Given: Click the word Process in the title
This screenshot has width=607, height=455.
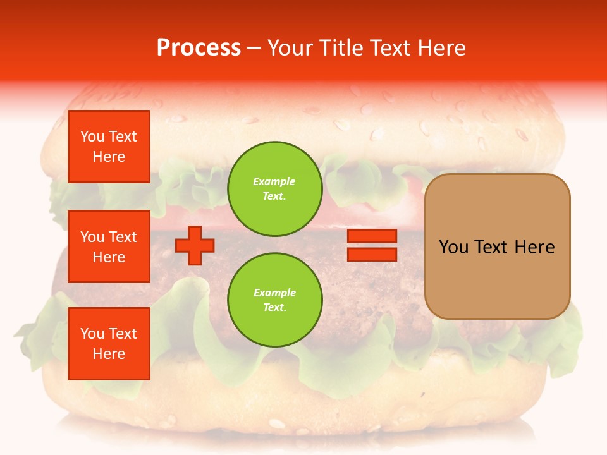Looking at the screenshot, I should (x=199, y=48).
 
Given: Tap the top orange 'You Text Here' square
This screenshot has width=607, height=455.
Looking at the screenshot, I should (x=109, y=147).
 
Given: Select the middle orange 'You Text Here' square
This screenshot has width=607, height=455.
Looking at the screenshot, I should (x=109, y=246).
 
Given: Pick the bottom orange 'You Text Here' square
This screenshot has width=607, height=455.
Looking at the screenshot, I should (x=109, y=344).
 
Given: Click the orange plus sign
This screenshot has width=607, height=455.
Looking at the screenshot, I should (x=195, y=245).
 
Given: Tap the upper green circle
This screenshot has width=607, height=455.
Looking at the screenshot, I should (x=274, y=189).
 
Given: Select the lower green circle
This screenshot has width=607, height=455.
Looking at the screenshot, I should (x=274, y=300).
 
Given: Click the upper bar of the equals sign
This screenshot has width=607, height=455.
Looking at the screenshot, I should (x=372, y=236).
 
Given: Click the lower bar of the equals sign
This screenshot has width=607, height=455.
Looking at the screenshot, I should (x=372, y=254).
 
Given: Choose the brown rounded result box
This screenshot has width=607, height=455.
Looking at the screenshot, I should (x=497, y=246).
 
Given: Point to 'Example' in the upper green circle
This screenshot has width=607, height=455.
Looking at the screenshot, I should (x=274, y=181).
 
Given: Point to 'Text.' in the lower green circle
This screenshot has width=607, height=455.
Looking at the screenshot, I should (x=274, y=308).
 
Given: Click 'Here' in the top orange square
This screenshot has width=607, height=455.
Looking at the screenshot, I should (x=109, y=157).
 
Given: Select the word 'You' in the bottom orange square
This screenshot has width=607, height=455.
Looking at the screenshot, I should (x=92, y=334).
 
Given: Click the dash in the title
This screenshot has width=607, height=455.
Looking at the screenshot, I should (x=254, y=48).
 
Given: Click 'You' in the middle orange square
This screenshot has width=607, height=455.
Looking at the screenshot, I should (x=92, y=237).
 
